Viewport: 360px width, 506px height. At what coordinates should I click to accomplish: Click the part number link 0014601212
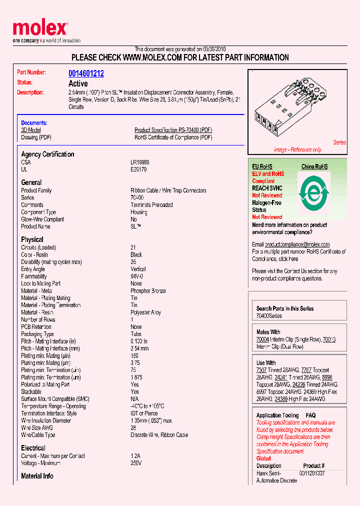tap(86, 73)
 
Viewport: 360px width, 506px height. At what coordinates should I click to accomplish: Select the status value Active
tap(78, 83)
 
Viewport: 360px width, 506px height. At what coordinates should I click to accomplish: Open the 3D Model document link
tap(30, 130)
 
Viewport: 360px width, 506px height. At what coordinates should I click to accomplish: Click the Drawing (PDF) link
tap(36, 137)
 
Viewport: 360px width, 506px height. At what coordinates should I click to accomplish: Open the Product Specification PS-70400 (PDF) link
tap(173, 130)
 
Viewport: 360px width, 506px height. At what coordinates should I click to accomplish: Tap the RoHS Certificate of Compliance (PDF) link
tap(173, 137)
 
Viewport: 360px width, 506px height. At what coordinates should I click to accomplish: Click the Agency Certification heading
tap(47, 154)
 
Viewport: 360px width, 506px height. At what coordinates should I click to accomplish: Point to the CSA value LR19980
tap(140, 162)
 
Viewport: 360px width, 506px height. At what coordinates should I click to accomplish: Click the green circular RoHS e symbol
tap(313, 191)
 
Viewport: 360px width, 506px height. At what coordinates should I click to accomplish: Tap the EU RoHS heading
tap(262, 166)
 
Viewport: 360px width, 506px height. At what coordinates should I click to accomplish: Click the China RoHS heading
tap(314, 166)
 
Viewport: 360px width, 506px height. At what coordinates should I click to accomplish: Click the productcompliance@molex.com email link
tap(297, 244)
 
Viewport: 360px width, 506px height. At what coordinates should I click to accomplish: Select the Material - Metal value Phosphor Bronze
tap(148, 291)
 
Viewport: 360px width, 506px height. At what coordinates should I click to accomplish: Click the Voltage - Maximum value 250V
tap(136, 463)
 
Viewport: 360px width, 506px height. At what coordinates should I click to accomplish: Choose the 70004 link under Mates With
tap(262, 339)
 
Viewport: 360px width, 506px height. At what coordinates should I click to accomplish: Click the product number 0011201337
tap(312, 473)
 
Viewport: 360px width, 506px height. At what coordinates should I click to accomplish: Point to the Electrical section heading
tap(33, 448)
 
